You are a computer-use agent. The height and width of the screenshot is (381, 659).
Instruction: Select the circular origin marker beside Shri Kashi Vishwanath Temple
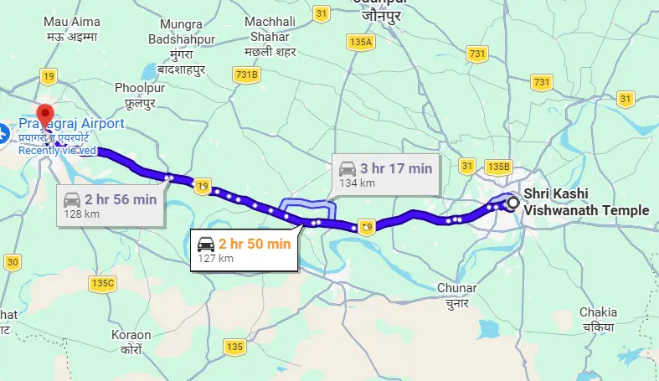coord(513,202)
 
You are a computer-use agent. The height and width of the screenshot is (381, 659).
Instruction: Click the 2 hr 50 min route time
coord(255,244)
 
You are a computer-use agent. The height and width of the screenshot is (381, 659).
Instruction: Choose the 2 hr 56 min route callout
coord(110,205)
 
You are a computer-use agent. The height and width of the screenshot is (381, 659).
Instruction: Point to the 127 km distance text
coord(214,259)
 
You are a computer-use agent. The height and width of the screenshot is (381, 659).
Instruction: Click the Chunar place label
coord(457,295)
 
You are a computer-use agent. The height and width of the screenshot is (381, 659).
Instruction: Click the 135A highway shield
coord(362,41)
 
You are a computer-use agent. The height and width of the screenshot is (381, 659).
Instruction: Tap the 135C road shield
coord(102,283)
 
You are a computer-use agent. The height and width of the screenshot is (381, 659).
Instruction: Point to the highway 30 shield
coord(12,262)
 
